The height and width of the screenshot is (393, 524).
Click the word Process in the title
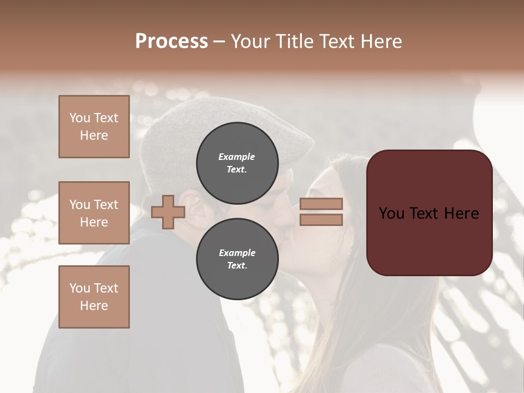pos(171,41)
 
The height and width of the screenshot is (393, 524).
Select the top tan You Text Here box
pos(94,127)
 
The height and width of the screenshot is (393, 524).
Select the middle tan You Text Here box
pos(94,213)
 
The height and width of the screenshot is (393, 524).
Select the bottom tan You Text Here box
pos(94,296)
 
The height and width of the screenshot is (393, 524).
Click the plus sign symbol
pos(168,212)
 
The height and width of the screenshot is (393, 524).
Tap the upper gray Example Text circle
pos(237,163)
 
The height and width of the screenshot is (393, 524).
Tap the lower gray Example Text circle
pos(237,259)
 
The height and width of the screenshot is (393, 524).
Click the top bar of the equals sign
pos(321,204)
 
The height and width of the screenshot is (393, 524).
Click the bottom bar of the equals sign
pos(321,219)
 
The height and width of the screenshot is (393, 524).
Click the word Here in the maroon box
pos(461,213)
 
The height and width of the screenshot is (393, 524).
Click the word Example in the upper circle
pos(237,157)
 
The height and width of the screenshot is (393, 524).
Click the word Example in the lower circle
pos(237,253)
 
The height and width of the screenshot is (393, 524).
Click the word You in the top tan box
pos(79,118)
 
